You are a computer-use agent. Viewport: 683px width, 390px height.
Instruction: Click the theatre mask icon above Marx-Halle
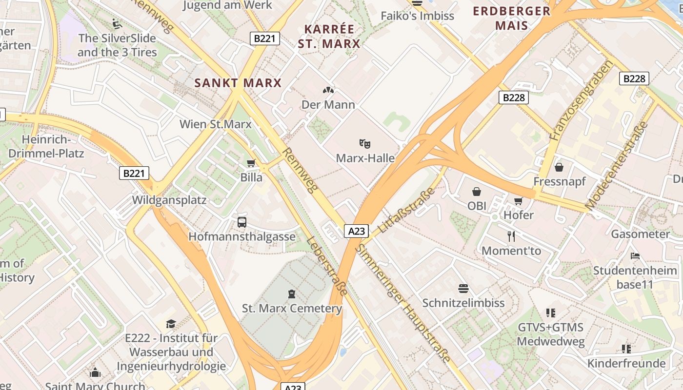[364, 143]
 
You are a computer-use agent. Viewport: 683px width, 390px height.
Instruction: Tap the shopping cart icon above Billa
[251, 163]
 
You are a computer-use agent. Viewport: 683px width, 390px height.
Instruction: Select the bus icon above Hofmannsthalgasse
[242, 222]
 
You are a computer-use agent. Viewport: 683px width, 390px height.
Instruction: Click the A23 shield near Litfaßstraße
[356, 231]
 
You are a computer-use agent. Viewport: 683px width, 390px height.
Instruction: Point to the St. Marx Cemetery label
[292, 308]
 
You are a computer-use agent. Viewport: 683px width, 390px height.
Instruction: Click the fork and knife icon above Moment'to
[511, 236]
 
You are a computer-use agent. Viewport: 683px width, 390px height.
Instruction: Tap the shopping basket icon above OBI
[477, 192]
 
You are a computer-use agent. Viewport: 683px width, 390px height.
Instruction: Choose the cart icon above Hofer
[518, 201]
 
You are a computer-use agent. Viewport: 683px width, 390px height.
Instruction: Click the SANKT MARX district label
[238, 83]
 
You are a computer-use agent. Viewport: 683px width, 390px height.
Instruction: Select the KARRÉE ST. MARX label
[329, 36]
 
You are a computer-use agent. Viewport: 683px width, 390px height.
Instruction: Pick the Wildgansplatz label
[169, 200]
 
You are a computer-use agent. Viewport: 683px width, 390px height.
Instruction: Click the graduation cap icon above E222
[171, 324]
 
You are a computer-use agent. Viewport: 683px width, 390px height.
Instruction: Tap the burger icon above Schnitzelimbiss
[463, 289]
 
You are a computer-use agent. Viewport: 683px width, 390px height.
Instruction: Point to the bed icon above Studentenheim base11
[635, 255]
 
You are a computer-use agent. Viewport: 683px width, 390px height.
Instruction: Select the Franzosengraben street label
[581, 100]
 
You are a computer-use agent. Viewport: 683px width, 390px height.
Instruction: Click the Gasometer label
[641, 234]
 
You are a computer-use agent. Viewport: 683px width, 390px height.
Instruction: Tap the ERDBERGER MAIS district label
[512, 18]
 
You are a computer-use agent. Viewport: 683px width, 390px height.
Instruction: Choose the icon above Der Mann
[328, 90]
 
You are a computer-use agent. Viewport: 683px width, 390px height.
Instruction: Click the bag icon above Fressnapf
[559, 167]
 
